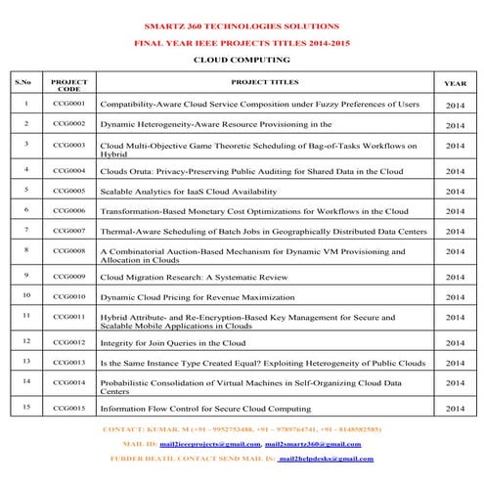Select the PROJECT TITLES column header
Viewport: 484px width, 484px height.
pyautogui.click(x=265, y=82)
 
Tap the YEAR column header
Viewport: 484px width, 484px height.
pyautogui.click(x=456, y=84)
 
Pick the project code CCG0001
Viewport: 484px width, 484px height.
pyautogui.click(x=69, y=103)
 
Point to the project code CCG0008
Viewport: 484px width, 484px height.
pyautogui.click(x=69, y=251)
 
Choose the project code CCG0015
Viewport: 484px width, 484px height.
pyautogui.click(x=69, y=408)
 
